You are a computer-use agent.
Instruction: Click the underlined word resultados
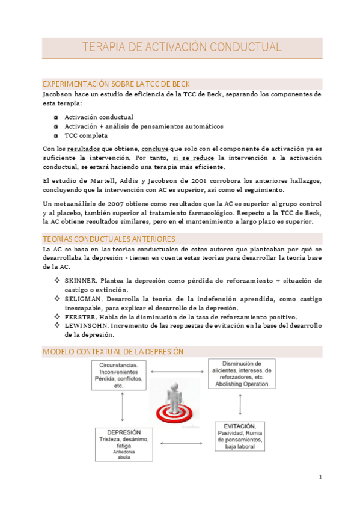[84, 148]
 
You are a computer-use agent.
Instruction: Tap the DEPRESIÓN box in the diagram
[124, 444]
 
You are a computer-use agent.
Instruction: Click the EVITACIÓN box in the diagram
[240, 436]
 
